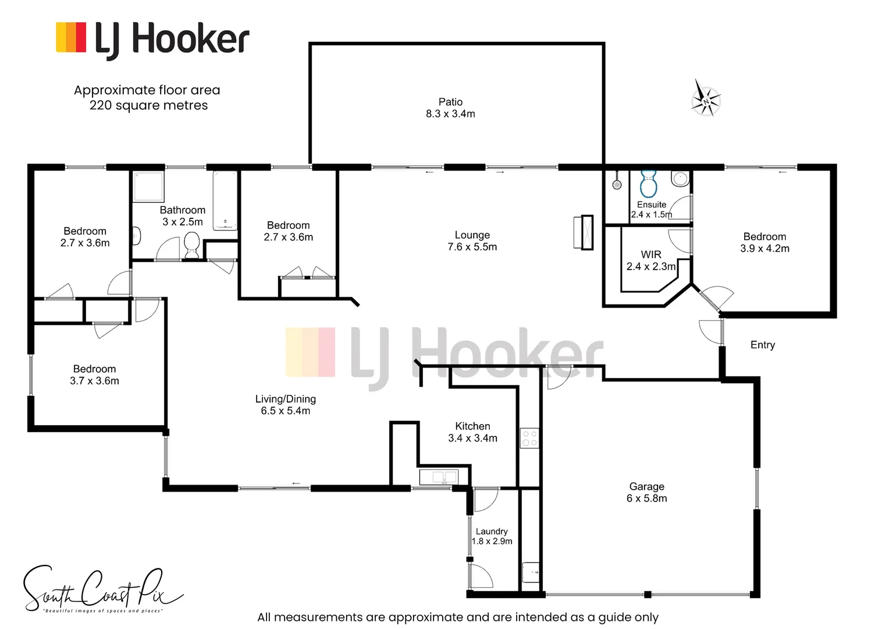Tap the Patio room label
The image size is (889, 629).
click(450, 102)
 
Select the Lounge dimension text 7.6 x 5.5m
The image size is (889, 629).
click(472, 247)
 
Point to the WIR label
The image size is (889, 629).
click(651, 255)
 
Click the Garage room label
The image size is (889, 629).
click(646, 486)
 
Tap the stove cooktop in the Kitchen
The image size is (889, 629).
click(529, 438)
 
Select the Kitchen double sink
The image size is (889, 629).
click(438, 477)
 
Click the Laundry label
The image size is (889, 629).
click(492, 531)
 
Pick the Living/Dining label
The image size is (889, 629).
click(285, 399)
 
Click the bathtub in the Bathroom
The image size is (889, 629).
click(225, 200)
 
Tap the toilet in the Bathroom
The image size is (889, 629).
click(191, 244)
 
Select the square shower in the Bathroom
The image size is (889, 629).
click(148, 186)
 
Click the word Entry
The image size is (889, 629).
click(762, 345)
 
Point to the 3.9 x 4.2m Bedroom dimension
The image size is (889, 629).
click(764, 249)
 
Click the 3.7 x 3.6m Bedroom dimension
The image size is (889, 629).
click(94, 381)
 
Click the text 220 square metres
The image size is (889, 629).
click(148, 105)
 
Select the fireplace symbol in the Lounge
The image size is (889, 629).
click(584, 232)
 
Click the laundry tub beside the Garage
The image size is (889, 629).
click(531, 572)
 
